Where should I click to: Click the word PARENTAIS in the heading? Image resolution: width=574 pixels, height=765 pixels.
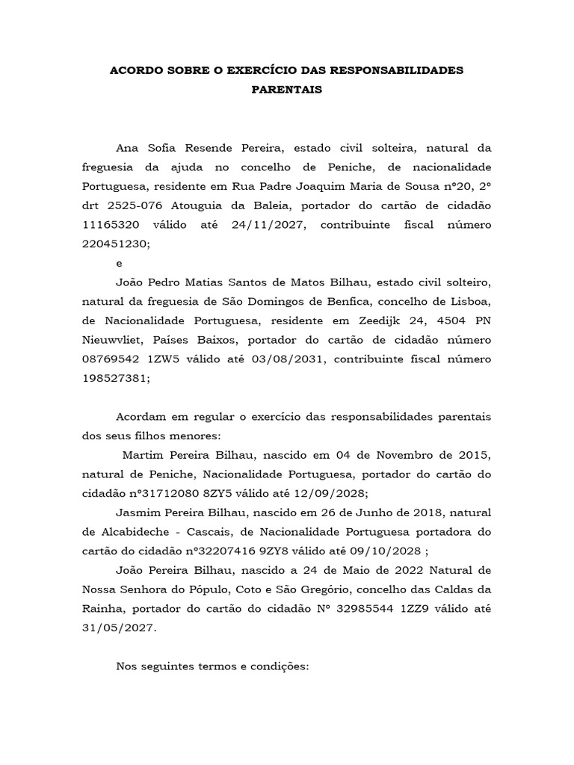[287, 89]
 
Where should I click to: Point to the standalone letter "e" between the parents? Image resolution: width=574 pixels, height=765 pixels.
[119, 263]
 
